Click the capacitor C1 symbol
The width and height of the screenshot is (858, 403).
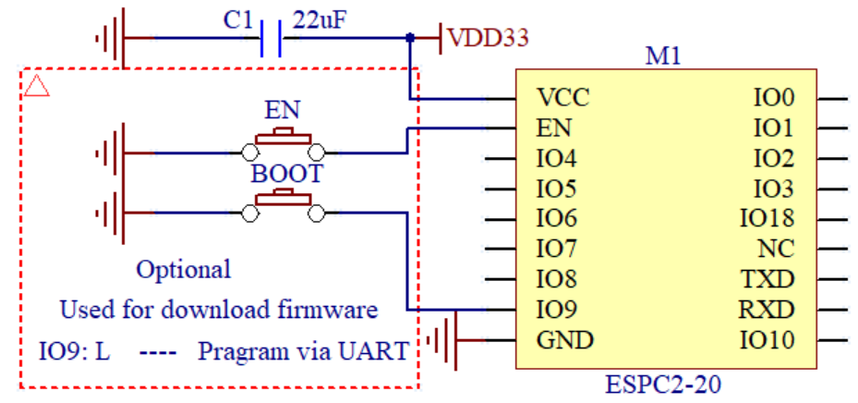[x=272, y=40]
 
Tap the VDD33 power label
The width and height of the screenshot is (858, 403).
[x=488, y=39]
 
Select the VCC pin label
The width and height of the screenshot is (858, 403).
[x=562, y=97]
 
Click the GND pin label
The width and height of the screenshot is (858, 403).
[x=564, y=339]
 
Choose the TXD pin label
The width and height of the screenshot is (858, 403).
[x=766, y=279]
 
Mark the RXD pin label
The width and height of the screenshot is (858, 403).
[x=766, y=309]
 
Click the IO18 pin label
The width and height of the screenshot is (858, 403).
[x=767, y=219]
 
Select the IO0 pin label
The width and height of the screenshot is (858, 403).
[x=774, y=97]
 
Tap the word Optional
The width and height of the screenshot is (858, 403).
[x=184, y=270]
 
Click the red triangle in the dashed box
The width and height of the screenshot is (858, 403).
[x=36, y=86]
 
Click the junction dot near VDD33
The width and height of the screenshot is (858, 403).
[x=409, y=39]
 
